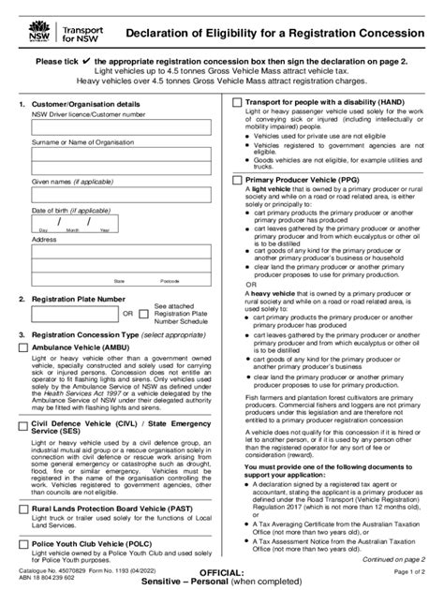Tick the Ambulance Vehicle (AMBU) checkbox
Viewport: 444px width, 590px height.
tap(23, 347)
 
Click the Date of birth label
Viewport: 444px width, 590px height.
tap(69, 211)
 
